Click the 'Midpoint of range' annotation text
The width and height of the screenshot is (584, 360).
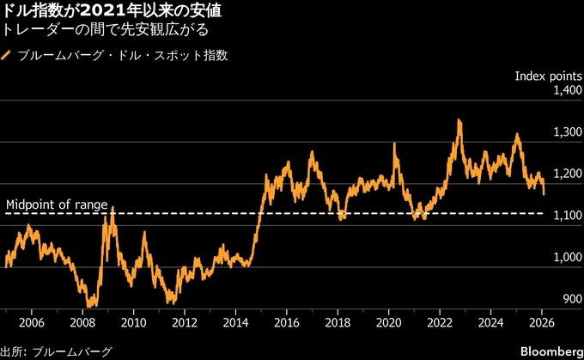[57, 204]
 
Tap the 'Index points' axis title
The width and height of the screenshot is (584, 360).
[549, 76]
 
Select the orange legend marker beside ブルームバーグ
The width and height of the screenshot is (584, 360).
[7, 56]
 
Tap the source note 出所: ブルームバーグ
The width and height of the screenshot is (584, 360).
[56, 351]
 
